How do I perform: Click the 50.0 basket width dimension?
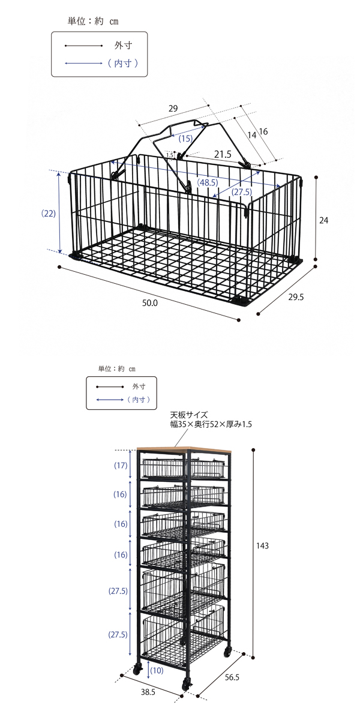pyautogui.click(x=150, y=303)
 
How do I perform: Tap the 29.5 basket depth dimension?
pyautogui.click(x=296, y=297)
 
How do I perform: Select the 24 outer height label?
pyautogui.click(x=323, y=220)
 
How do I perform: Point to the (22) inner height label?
pyautogui.click(x=49, y=214)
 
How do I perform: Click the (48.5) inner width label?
pyautogui.click(x=208, y=182)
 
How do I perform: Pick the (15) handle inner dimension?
pyautogui.click(x=185, y=139)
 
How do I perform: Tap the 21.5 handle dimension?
pyautogui.click(x=223, y=155)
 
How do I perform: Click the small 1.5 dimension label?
pyautogui.click(x=170, y=155)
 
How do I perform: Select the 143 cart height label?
pyautogui.click(x=262, y=545)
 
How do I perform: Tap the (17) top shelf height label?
pyautogui.click(x=121, y=465)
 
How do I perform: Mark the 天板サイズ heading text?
pyautogui.click(x=189, y=415)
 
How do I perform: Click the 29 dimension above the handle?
pyautogui.click(x=173, y=109)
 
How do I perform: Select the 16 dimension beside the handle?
pyautogui.click(x=263, y=131)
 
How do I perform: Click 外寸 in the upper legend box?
pyautogui.click(x=123, y=46)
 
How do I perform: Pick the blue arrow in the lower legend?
pyautogui.click(x=110, y=400)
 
